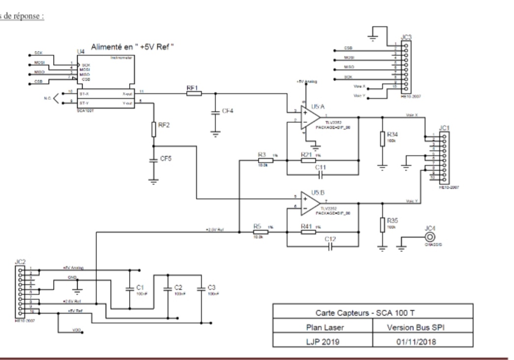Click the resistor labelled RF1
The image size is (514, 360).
[x=194, y=92]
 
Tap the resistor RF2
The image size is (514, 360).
[x=154, y=129]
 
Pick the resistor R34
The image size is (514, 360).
[x=382, y=139]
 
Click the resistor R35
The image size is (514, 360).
[x=382, y=224]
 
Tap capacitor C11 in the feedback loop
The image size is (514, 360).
[x=322, y=175]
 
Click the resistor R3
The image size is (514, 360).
[x=262, y=160]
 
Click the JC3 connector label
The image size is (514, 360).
[x=406, y=36]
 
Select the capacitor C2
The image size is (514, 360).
[x=168, y=287]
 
